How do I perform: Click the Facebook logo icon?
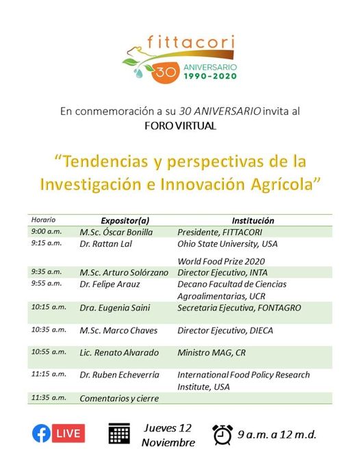(41, 433)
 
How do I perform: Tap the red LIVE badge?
(68, 433)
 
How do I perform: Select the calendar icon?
(119, 434)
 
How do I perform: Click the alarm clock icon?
(222, 435)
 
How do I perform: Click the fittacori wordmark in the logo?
(191, 42)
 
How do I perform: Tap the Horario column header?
(43, 220)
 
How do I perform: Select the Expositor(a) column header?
(125, 221)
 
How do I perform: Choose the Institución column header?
(253, 221)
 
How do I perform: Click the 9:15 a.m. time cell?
(46, 243)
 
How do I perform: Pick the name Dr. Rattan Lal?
(105, 243)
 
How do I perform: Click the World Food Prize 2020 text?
(221, 261)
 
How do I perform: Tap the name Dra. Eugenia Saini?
(115, 308)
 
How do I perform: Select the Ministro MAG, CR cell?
(211, 352)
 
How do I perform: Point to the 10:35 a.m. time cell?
(49, 330)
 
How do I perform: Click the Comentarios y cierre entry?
(119, 398)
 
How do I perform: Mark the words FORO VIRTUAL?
(180, 126)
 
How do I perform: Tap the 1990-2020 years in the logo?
(210, 76)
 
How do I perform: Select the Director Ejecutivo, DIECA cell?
(225, 330)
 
